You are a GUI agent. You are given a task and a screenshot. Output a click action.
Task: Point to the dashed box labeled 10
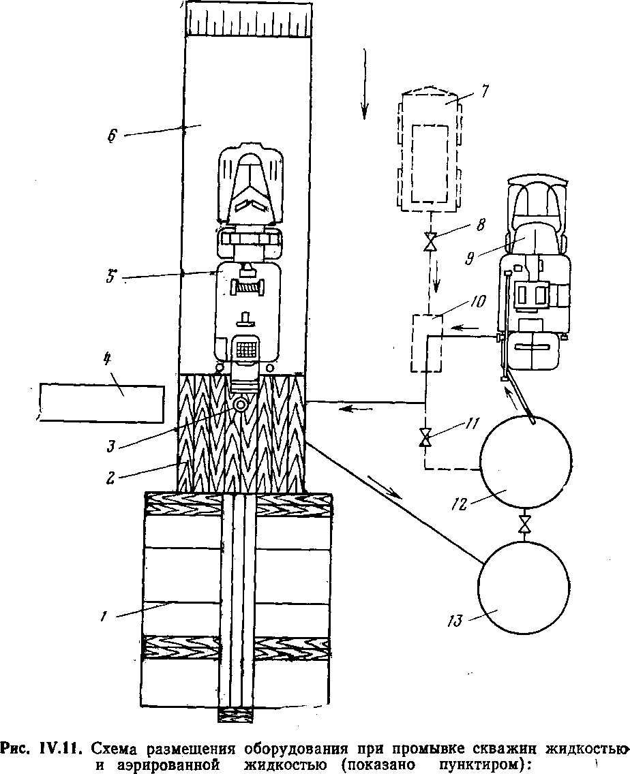point(426,343)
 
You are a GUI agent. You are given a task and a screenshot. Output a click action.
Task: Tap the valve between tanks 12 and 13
point(524,525)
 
